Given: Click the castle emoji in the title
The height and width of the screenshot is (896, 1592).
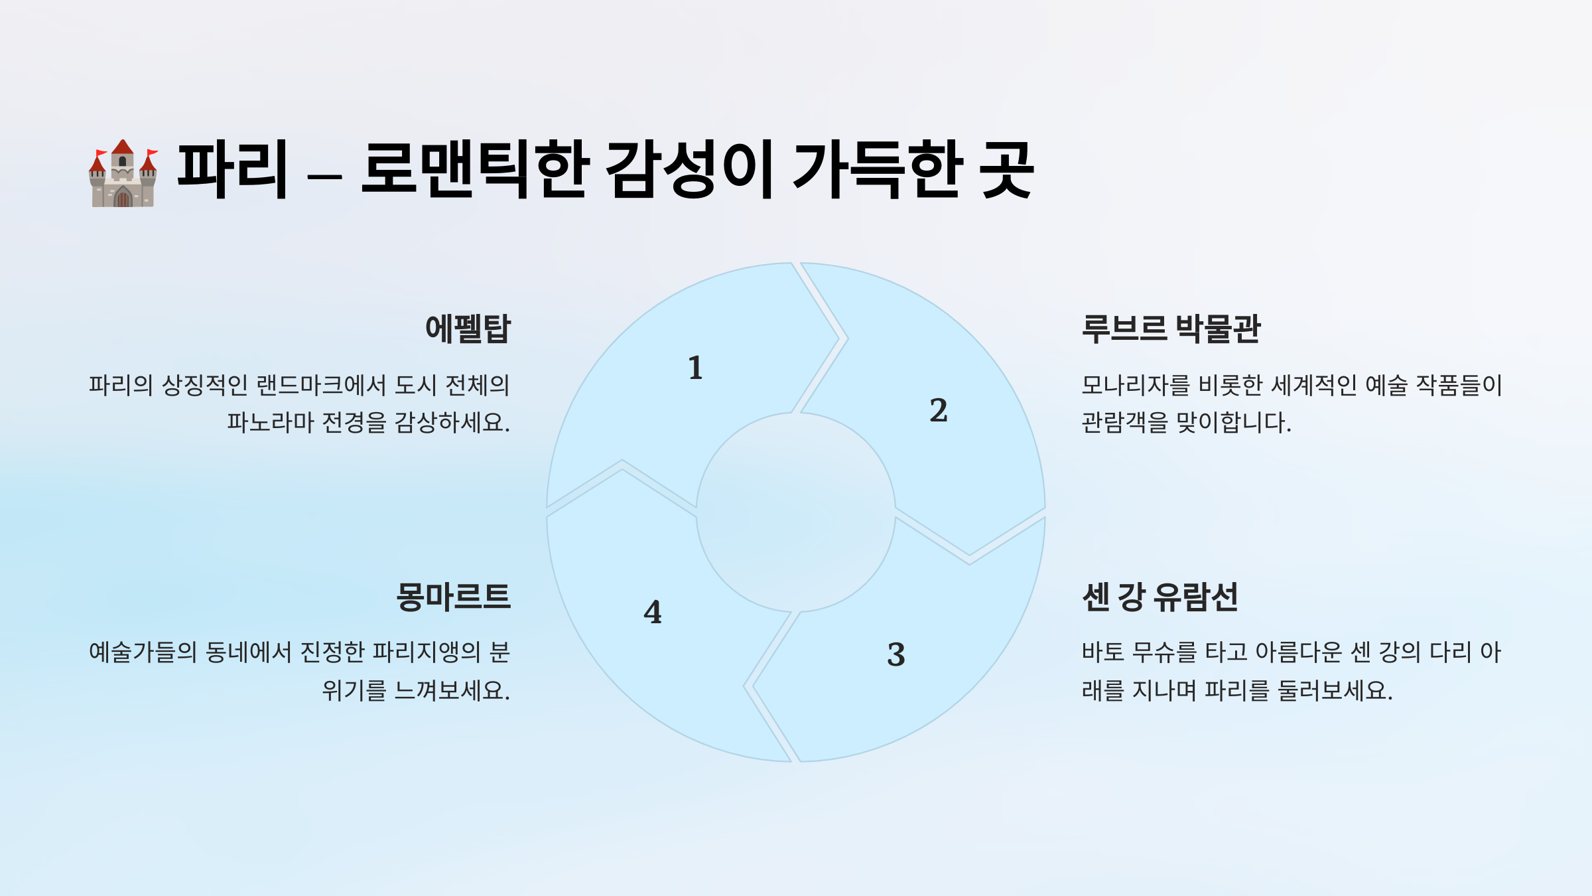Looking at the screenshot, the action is (x=123, y=173).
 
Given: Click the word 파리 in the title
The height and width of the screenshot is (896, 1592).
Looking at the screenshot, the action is (x=232, y=170).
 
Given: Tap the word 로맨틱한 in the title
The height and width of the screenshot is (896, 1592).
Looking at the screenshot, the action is (x=475, y=170).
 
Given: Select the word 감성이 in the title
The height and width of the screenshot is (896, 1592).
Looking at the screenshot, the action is (x=690, y=170).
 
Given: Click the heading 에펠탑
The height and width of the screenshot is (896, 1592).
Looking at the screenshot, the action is (x=468, y=329).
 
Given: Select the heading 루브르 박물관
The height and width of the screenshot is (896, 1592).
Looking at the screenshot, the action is (x=1171, y=329).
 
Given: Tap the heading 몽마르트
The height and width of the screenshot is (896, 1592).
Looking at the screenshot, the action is (x=453, y=597).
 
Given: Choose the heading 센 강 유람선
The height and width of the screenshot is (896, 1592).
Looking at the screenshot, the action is (x=1160, y=597).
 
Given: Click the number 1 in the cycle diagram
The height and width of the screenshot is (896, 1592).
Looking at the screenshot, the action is (x=695, y=368).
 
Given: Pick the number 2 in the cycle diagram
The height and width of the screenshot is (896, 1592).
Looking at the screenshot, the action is (x=938, y=410).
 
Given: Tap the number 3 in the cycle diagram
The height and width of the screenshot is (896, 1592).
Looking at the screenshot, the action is (x=895, y=654).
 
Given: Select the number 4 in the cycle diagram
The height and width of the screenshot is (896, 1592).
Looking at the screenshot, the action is (x=653, y=612).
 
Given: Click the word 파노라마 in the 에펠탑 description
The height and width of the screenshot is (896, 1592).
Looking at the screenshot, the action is (x=271, y=423).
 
